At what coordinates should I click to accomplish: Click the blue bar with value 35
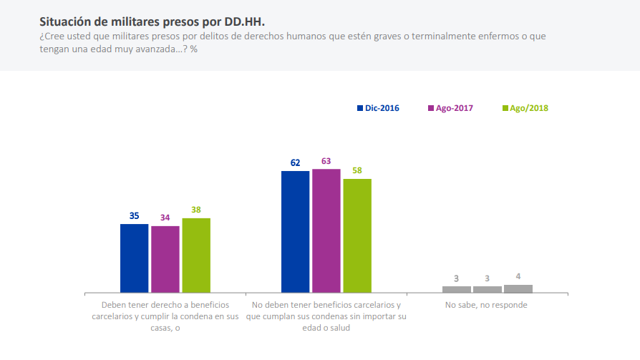click(134, 258)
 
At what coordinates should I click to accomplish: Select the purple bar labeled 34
click(165, 259)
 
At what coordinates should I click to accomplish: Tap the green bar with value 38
click(196, 256)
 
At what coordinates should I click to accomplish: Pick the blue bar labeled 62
click(295, 232)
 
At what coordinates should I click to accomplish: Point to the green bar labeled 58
click(357, 235)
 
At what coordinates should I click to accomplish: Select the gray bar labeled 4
click(518, 288)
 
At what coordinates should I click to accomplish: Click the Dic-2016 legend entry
click(378, 108)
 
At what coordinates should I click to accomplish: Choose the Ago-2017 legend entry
click(450, 108)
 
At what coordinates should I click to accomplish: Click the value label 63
click(326, 162)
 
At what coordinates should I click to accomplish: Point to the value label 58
click(357, 171)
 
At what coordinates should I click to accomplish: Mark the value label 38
click(196, 210)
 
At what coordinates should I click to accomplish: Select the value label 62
click(295, 163)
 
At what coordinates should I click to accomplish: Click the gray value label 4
click(518, 277)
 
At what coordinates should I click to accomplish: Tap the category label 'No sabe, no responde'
click(486, 305)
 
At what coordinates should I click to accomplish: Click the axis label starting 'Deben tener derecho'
click(165, 316)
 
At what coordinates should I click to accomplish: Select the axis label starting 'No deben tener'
click(326, 316)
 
